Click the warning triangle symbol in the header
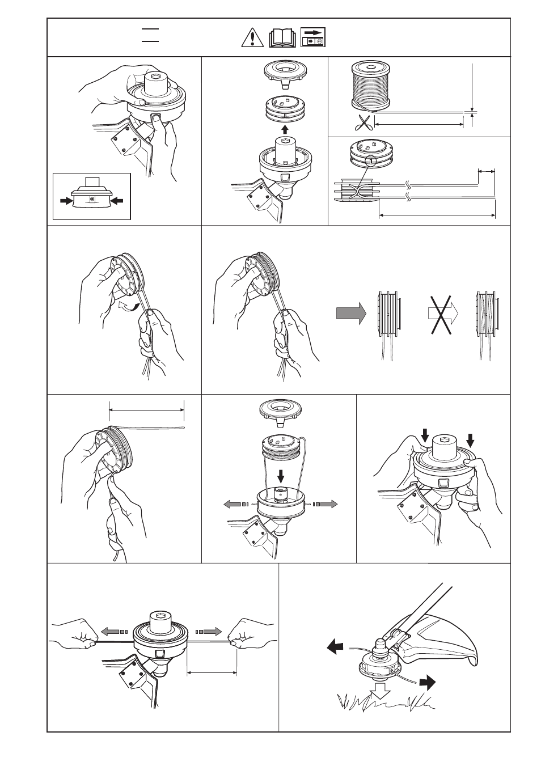249,37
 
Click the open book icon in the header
281,37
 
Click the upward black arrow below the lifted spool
285,128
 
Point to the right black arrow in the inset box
116,200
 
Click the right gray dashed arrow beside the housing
326,504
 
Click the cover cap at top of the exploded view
283,410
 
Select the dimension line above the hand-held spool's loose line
146,407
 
